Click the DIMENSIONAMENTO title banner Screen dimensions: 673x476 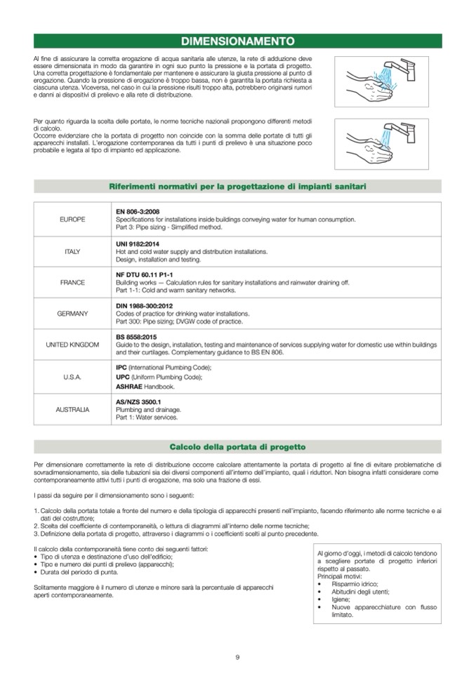point(237,41)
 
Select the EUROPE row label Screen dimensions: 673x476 point(72,220)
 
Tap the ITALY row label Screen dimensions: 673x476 point(72,251)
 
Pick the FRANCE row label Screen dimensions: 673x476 point(72,282)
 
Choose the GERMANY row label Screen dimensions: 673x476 point(72,313)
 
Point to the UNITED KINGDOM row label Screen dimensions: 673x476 point(72,345)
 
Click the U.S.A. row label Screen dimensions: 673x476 point(72,377)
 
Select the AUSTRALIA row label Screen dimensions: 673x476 point(72,408)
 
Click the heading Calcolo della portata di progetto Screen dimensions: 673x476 point(237,447)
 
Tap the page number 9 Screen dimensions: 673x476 point(237,657)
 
